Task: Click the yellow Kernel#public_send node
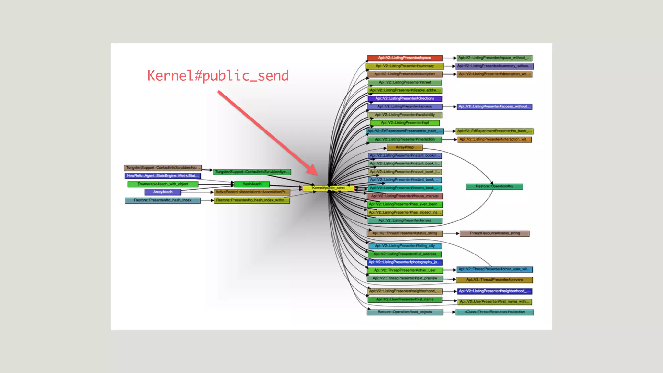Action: [328, 188]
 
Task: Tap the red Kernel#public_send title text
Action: [218, 76]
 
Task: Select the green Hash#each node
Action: [252, 184]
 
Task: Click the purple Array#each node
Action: [163, 192]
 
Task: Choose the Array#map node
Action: [405, 147]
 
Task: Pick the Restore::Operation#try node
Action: [494, 186]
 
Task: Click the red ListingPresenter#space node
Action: [404, 58]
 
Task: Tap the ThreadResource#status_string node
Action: [494, 233]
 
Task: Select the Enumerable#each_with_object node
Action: [163, 184]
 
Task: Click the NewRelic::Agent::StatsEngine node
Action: [163, 176]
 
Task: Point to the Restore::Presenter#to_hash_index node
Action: [163, 200]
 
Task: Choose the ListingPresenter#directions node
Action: [405, 98]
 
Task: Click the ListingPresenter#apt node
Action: [405, 123]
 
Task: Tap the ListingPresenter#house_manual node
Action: [405, 196]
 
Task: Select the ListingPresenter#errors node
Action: [405, 220]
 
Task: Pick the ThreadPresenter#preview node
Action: [494, 280]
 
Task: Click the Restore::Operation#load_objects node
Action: [405, 312]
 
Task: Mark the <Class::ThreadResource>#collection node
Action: [494, 312]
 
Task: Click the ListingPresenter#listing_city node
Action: [405, 246]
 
